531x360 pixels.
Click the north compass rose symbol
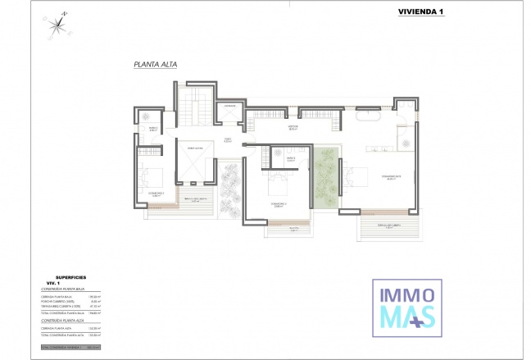pyautogui.click(x=57, y=25)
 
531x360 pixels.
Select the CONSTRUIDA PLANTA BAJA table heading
pyautogui.click(x=70, y=289)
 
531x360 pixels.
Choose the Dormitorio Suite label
pyautogui.click(x=389, y=178)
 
